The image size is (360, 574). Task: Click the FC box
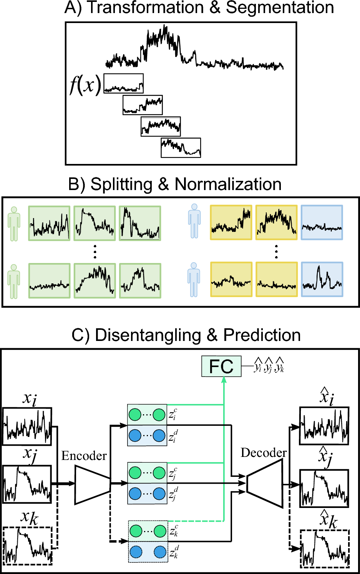(221, 366)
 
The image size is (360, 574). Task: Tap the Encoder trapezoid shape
(92, 485)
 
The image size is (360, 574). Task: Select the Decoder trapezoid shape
(265, 483)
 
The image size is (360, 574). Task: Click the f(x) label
(85, 84)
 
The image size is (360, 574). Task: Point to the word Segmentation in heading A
(280, 8)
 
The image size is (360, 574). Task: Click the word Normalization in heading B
(228, 184)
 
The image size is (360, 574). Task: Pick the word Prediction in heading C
(262, 335)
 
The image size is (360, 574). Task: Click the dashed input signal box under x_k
(27, 545)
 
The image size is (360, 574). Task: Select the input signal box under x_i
(27, 426)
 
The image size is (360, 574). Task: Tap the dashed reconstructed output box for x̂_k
(325, 548)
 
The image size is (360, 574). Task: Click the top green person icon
(14, 224)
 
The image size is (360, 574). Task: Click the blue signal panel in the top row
(322, 223)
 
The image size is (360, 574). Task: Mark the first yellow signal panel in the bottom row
(231, 280)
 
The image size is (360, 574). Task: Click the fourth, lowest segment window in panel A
(181, 148)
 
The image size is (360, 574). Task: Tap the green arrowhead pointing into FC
(224, 380)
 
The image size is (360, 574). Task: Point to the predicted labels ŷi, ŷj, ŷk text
(269, 366)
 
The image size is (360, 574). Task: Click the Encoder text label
(84, 456)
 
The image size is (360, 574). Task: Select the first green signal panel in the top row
(49, 223)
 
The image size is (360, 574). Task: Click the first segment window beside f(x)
(123, 83)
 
